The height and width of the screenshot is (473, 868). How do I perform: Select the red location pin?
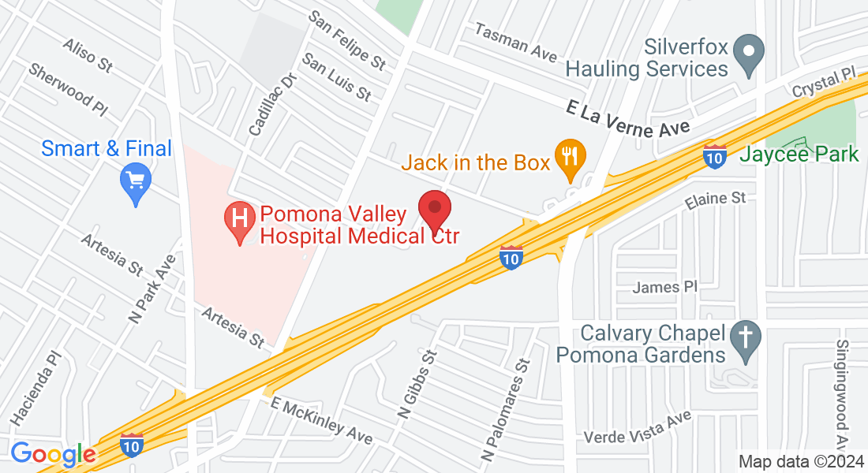(433, 210)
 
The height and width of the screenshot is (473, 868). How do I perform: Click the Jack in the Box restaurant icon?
(569, 156)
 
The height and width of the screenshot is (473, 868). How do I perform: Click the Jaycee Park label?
(799, 154)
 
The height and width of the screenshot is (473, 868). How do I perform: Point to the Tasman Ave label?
(516, 41)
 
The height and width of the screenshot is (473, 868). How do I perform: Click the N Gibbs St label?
(418, 384)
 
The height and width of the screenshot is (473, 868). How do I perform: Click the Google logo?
(53, 454)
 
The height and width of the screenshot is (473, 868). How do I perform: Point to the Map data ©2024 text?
(798, 461)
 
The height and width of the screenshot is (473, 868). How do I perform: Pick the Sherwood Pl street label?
(67, 88)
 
